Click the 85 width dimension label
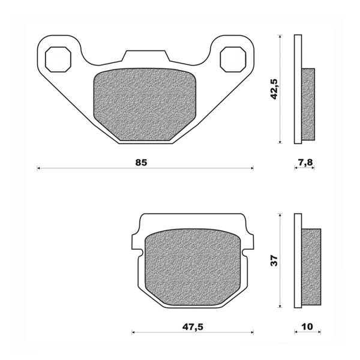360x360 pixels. pos(141,163)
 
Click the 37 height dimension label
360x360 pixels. pos(275,261)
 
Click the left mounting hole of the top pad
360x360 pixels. pos(59,58)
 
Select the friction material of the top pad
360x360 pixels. pos(145,106)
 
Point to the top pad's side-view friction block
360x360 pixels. pos(308,104)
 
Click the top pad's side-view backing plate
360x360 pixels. pos(297,89)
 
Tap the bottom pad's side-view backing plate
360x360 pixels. pos(298,262)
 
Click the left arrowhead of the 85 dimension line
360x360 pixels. pos(39,169)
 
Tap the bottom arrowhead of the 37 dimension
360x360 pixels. pos(281,306)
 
